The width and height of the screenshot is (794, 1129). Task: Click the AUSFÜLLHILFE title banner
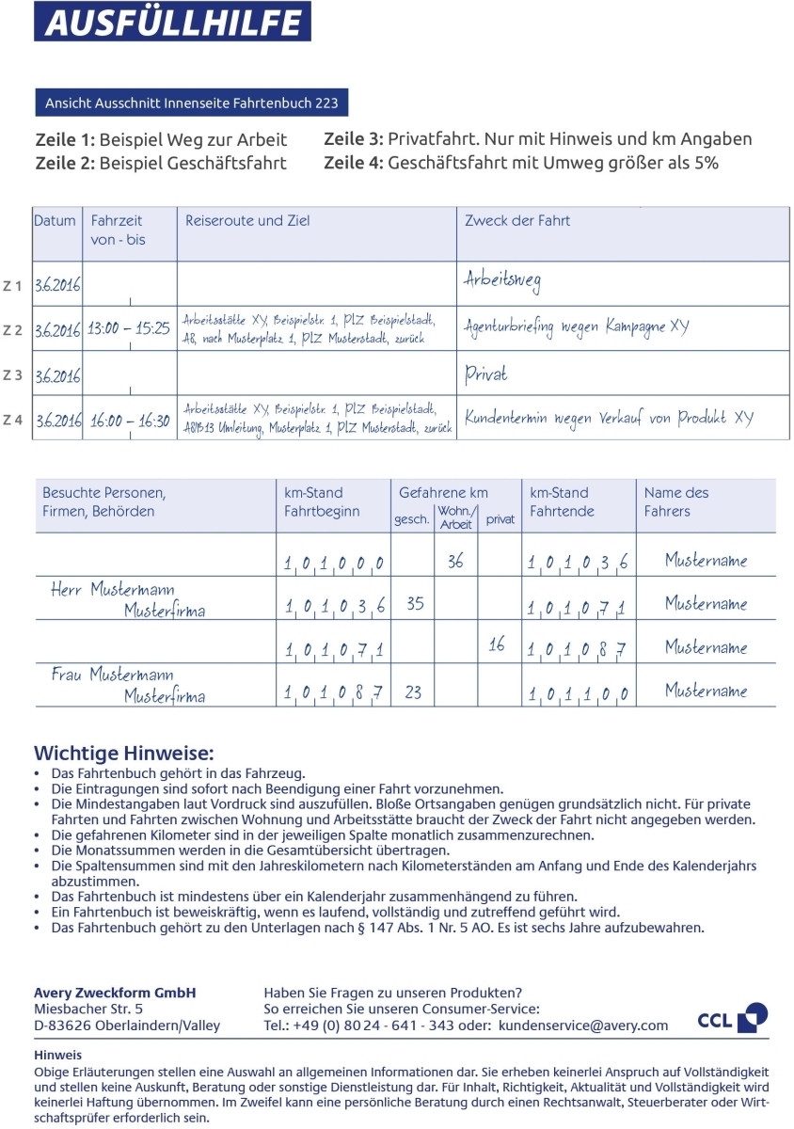pyautogui.click(x=172, y=22)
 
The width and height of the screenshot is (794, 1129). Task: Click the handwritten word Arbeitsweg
pyautogui.click(x=502, y=279)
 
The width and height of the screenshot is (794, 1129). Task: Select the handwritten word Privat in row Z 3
pyautogui.click(x=485, y=374)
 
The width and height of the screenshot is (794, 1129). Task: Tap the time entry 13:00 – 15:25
pyautogui.click(x=129, y=329)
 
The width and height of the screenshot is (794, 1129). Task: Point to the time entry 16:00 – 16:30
pyautogui.click(x=129, y=421)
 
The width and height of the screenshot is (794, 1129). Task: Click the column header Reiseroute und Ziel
pyautogui.click(x=247, y=221)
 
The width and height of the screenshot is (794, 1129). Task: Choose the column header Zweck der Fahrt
pyautogui.click(x=517, y=221)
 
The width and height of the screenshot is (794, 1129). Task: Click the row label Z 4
pyautogui.click(x=12, y=420)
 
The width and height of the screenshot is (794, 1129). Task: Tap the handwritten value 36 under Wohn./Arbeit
pyautogui.click(x=455, y=561)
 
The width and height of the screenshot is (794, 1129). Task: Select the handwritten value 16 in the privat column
pyautogui.click(x=497, y=644)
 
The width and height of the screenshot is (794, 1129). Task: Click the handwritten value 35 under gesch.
pyautogui.click(x=415, y=604)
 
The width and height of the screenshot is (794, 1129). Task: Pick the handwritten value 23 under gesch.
pyautogui.click(x=413, y=692)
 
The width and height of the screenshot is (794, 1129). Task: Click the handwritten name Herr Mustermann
pyautogui.click(x=112, y=590)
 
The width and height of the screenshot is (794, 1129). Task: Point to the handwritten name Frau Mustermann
pyautogui.click(x=112, y=675)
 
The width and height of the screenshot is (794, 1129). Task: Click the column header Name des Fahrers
pyautogui.click(x=676, y=501)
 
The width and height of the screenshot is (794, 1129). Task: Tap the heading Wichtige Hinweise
pyautogui.click(x=124, y=753)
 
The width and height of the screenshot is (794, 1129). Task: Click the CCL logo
pyautogui.click(x=732, y=1018)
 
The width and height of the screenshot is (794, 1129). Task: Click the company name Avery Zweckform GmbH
pyautogui.click(x=115, y=993)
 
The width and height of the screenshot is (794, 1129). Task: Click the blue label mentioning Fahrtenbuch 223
pyautogui.click(x=192, y=102)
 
